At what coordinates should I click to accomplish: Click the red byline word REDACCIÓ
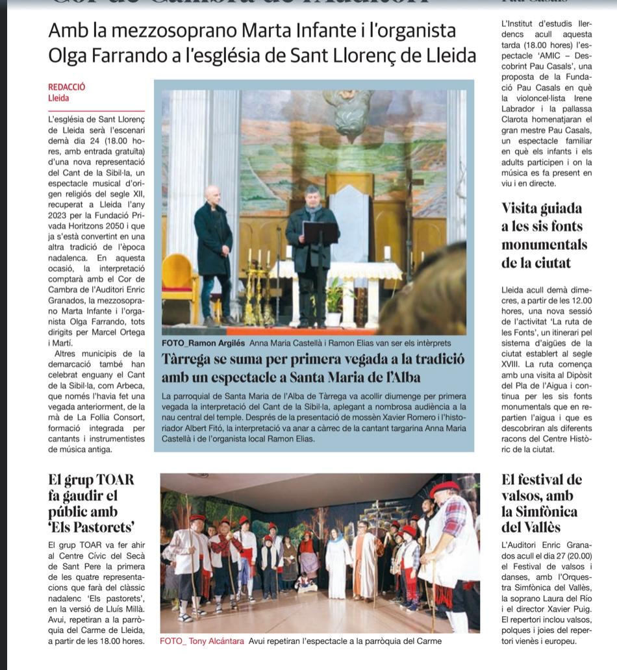click(x=67, y=87)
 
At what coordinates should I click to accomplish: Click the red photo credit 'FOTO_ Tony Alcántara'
click(x=202, y=641)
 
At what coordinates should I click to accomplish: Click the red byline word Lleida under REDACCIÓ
click(x=58, y=99)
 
